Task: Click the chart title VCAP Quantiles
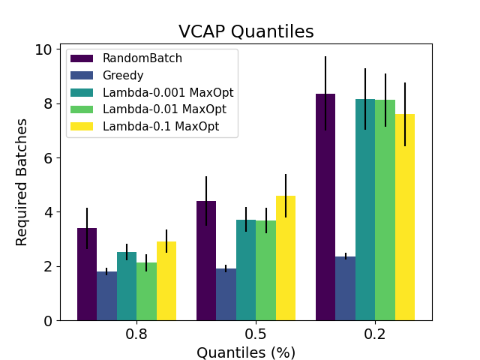click(x=246, y=31)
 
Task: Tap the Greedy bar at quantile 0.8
click(x=106, y=296)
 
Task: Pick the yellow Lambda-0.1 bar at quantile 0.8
click(x=166, y=281)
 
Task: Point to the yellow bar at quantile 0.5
click(x=286, y=258)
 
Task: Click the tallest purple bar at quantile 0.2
click(x=325, y=207)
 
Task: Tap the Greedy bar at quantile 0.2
click(x=345, y=289)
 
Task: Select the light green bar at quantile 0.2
click(x=385, y=210)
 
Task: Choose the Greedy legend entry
click(x=123, y=75)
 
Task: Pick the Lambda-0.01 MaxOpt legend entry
click(x=164, y=109)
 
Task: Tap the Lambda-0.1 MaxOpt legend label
click(x=160, y=126)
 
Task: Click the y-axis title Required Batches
click(x=22, y=181)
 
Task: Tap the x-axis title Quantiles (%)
click(x=246, y=352)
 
